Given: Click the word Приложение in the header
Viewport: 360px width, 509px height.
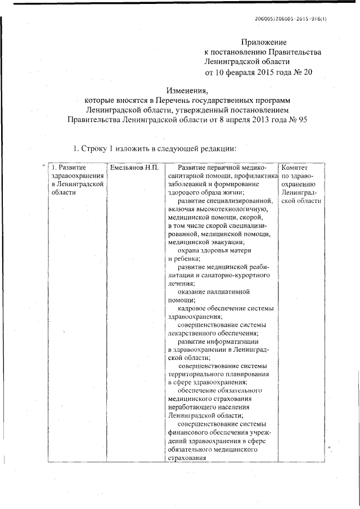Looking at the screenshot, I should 264,42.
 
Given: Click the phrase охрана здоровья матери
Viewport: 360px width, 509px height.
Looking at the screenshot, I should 214,250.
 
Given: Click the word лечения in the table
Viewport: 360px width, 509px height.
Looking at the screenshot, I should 181,284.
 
